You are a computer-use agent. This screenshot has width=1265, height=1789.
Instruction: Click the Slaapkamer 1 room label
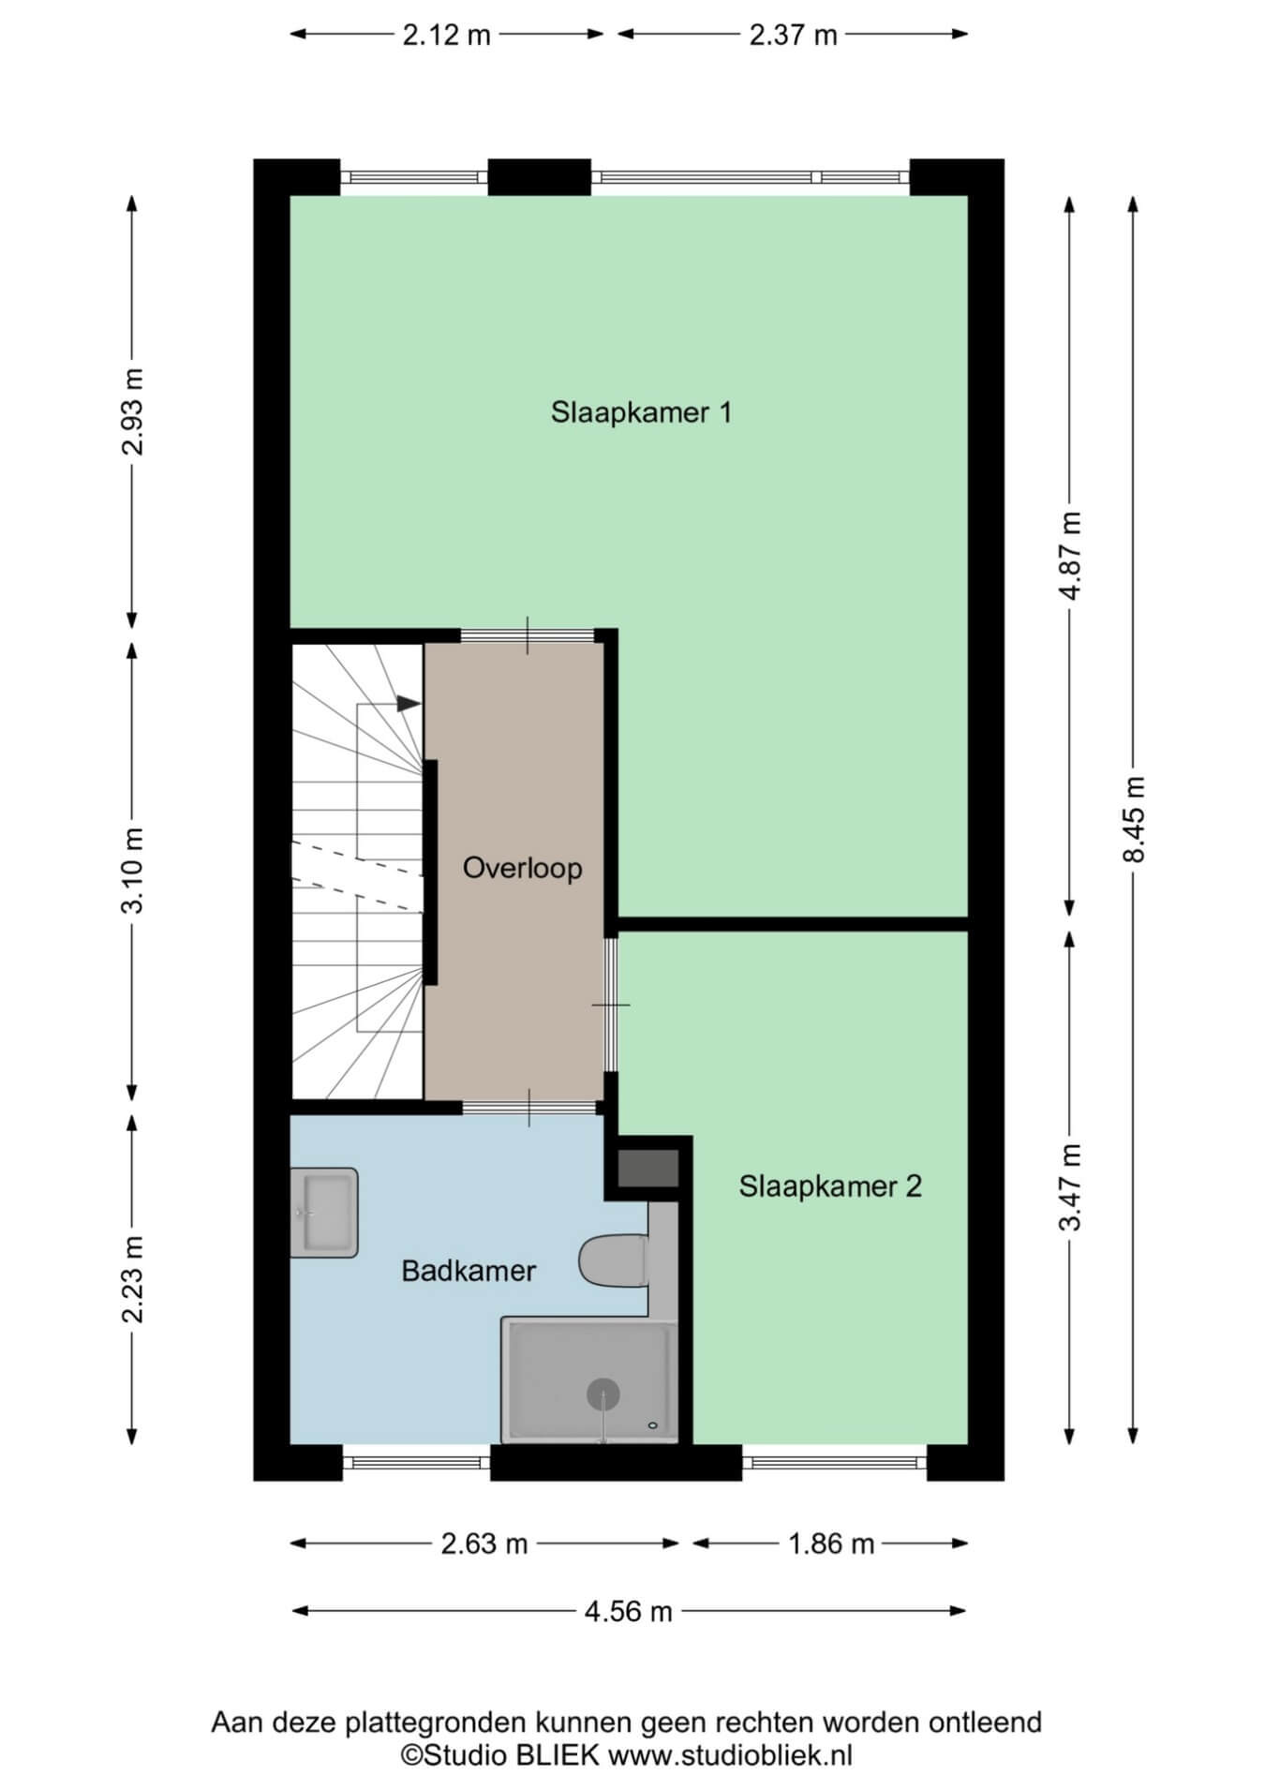tap(641, 412)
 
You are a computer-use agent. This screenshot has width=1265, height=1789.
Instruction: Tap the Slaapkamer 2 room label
tap(830, 1186)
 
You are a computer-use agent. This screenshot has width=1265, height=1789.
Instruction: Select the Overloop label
tap(523, 869)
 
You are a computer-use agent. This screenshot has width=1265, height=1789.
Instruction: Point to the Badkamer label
tap(469, 1271)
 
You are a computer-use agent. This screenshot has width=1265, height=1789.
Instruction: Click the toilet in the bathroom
tap(614, 1260)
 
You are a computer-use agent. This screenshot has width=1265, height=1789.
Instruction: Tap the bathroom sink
tap(324, 1213)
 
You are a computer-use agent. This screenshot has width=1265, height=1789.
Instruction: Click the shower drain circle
tap(603, 1395)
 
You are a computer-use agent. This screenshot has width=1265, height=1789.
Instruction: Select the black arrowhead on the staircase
tap(409, 703)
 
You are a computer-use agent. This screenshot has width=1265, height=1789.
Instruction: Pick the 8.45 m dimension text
tap(1135, 820)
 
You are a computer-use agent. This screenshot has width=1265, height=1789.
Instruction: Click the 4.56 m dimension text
tap(629, 1611)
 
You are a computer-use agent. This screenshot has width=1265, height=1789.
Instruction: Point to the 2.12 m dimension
tap(447, 35)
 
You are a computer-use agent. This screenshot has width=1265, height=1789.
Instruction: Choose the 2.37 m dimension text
tap(793, 35)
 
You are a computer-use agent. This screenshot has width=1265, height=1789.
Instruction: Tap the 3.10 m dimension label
tap(134, 871)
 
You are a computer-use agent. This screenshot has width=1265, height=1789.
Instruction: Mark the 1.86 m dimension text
tap(831, 1543)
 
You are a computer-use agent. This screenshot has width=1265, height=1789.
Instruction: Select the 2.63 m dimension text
tap(484, 1543)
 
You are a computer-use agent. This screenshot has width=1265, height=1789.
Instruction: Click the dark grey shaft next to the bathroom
tap(647, 1169)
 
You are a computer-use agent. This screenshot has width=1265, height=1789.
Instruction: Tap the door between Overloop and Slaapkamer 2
tap(610, 1005)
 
